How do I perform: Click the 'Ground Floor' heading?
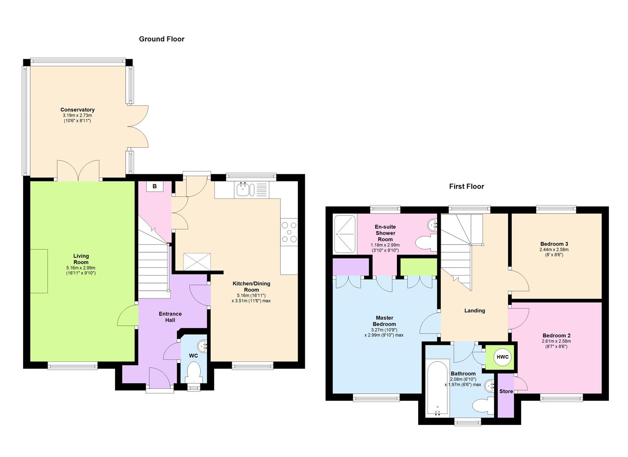[162, 39]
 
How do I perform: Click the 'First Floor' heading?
[466, 186]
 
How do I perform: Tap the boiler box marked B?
[155, 186]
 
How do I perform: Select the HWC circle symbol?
[502, 357]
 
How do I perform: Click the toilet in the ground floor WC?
[194, 372]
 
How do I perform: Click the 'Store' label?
[506, 391]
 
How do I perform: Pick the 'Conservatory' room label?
[77, 110]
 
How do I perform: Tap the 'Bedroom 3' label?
[554, 244]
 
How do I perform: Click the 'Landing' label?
[474, 311]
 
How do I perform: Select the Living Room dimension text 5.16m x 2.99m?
[81, 268]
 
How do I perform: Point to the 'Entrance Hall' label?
[170, 317]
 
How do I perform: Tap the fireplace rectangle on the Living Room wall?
[39, 271]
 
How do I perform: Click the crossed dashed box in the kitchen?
[197, 262]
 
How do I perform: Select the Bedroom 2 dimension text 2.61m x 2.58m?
[556, 341]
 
